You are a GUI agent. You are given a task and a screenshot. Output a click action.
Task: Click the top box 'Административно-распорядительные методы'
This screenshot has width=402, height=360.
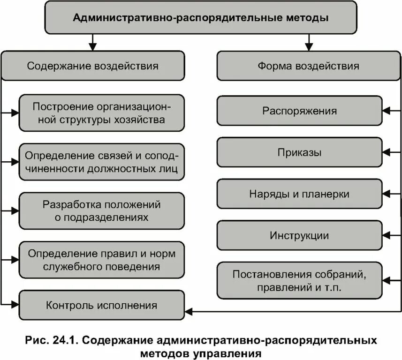(x=200, y=18)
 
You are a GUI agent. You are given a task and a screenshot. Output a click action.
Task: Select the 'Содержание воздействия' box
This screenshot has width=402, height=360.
(x=92, y=66)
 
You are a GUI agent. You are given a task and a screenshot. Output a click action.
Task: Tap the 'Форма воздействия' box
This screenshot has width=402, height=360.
(x=308, y=66)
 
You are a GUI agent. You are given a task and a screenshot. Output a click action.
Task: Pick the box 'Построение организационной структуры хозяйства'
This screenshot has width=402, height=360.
(x=101, y=113)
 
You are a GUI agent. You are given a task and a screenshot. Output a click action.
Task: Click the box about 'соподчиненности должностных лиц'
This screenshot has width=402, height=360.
(x=101, y=162)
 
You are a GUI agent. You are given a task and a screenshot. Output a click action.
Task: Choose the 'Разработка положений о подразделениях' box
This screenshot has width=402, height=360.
(x=101, y=210)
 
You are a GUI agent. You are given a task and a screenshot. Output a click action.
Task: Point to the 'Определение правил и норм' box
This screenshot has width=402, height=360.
(x=101, y=260)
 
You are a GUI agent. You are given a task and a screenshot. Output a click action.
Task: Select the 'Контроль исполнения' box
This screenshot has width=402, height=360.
(x=101, y=306)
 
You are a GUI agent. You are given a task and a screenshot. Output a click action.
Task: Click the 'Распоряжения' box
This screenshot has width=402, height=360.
(x=299, y=111)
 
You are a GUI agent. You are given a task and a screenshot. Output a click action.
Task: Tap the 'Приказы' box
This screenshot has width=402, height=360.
(x=299, y=152)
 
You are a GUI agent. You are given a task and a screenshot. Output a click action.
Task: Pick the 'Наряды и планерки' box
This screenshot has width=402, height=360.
(x=299, y=194)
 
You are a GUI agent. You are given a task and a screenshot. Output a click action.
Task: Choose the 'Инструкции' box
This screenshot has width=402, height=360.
(x=299, y=235)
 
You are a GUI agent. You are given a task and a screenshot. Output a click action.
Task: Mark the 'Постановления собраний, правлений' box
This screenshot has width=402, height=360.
(x=299, y=280)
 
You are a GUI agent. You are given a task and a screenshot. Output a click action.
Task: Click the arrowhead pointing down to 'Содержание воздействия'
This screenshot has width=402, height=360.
(x=92, y=47)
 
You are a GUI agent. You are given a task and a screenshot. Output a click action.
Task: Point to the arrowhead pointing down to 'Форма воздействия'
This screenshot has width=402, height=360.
(x=308, y=47)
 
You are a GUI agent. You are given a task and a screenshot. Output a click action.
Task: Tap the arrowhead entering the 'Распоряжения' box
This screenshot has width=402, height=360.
(x=386, y=111)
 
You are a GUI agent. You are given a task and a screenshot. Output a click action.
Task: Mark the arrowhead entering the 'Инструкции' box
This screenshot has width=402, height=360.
(x=386, y=235)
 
